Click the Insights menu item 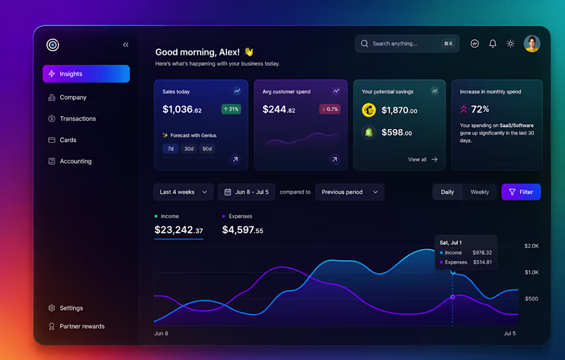click(86, 74)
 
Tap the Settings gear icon click(51, 308)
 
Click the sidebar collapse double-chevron click(126, 45)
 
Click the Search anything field click(407, 44)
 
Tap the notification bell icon click(493, 44)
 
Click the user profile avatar click(532, 44)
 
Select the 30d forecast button click(189, 149)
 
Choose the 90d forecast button click(207, 149)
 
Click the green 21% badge click(231, 109)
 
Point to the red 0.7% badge click(330, 109)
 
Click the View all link click(423, 159)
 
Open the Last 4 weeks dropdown click(183, 192)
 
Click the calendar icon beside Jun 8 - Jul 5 click(228, 192)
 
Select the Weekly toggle click(480, 192)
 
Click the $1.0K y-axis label click(532, 272)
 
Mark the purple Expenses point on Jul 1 click(453, 297)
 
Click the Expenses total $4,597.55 click(242, 230)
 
